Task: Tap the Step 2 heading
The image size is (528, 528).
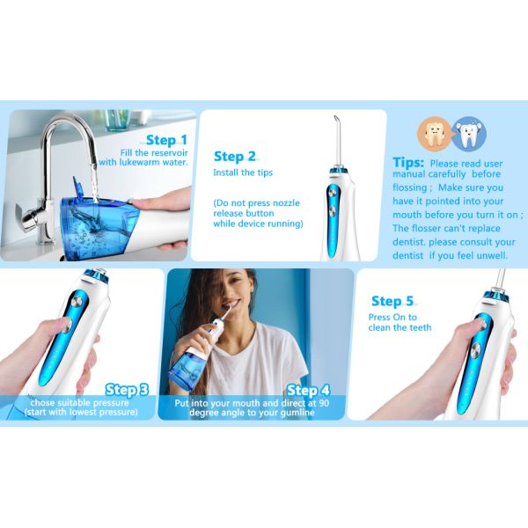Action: (x=235, y=156)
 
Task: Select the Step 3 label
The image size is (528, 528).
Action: (x=128, y=390)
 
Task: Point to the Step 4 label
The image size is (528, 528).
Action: (x=308, y=390)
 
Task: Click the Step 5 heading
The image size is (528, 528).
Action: (x=392, y=302)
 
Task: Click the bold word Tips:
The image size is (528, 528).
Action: (x=409, y=164)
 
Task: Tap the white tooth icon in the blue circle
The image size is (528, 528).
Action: (x=469, y=134)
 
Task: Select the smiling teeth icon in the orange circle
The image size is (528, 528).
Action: (x=434, y=134)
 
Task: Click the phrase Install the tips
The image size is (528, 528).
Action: (x=237, y=173)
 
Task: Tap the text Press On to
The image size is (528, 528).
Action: (x=392, y=317)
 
